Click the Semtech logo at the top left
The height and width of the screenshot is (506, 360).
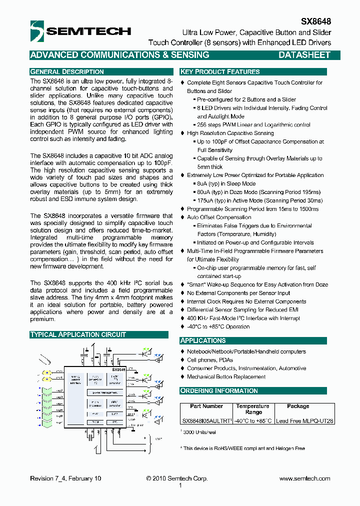tap(80, 31)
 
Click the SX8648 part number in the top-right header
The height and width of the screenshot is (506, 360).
tap(315, 22)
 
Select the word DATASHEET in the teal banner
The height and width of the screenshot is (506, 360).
tap(304, 55)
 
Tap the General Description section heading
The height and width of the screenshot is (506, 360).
tap(67, 72)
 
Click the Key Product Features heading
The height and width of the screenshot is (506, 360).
tap(220, 72)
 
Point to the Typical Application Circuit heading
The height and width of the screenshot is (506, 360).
tap(78, 334)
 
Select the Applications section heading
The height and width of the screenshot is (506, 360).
tap(203, 340)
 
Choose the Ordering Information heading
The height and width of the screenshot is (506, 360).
tap(219, 390)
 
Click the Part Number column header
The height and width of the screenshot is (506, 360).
tap(206, 406)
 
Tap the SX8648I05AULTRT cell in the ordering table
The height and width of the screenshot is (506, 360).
tap(206, 421)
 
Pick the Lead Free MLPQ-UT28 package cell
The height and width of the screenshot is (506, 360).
tap(304, 421)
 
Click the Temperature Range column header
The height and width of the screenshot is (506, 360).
tap(253, 409)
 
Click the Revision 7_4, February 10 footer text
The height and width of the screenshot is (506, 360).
tap(65, 478)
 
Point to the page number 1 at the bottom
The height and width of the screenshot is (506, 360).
tap(180, 485)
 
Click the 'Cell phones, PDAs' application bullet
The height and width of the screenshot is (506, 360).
tap(209, 360)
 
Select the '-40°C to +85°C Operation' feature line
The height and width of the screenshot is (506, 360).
tap(218, 326)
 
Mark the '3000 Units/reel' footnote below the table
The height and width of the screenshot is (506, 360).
tap(198, 431)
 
